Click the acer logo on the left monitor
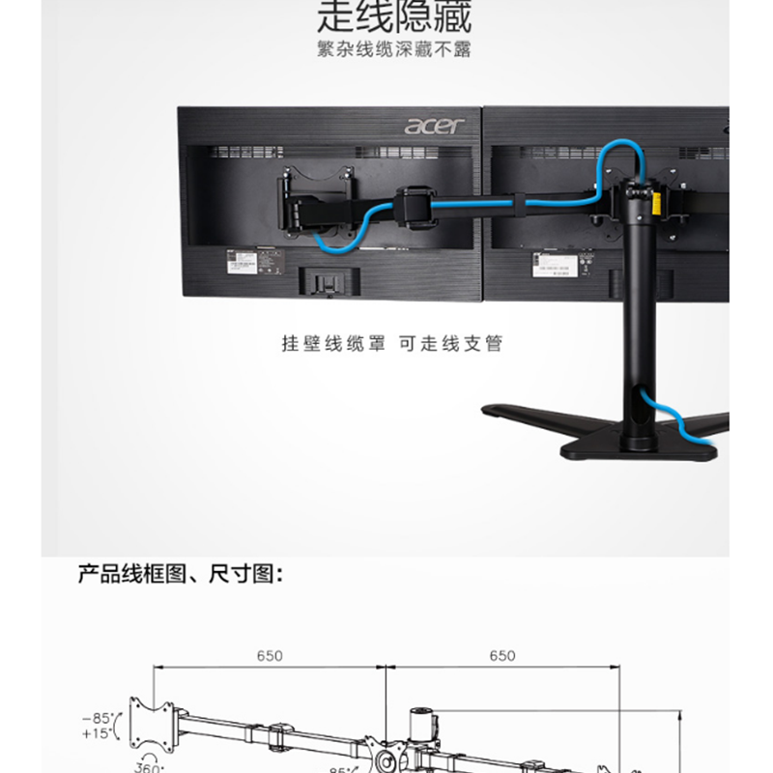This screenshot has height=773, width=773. click(434, 125)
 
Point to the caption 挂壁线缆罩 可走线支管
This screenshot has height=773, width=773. click(392, 344)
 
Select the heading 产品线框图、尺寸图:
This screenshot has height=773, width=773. click(181, 575)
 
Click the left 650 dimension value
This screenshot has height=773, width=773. click(270, 655)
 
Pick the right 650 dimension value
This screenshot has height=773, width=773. click(502, 655)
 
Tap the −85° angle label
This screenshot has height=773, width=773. click(98, 718)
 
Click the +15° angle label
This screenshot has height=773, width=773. click(98, 733)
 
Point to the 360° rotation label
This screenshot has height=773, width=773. click(147, 767)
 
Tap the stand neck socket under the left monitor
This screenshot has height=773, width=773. click(326, 281)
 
